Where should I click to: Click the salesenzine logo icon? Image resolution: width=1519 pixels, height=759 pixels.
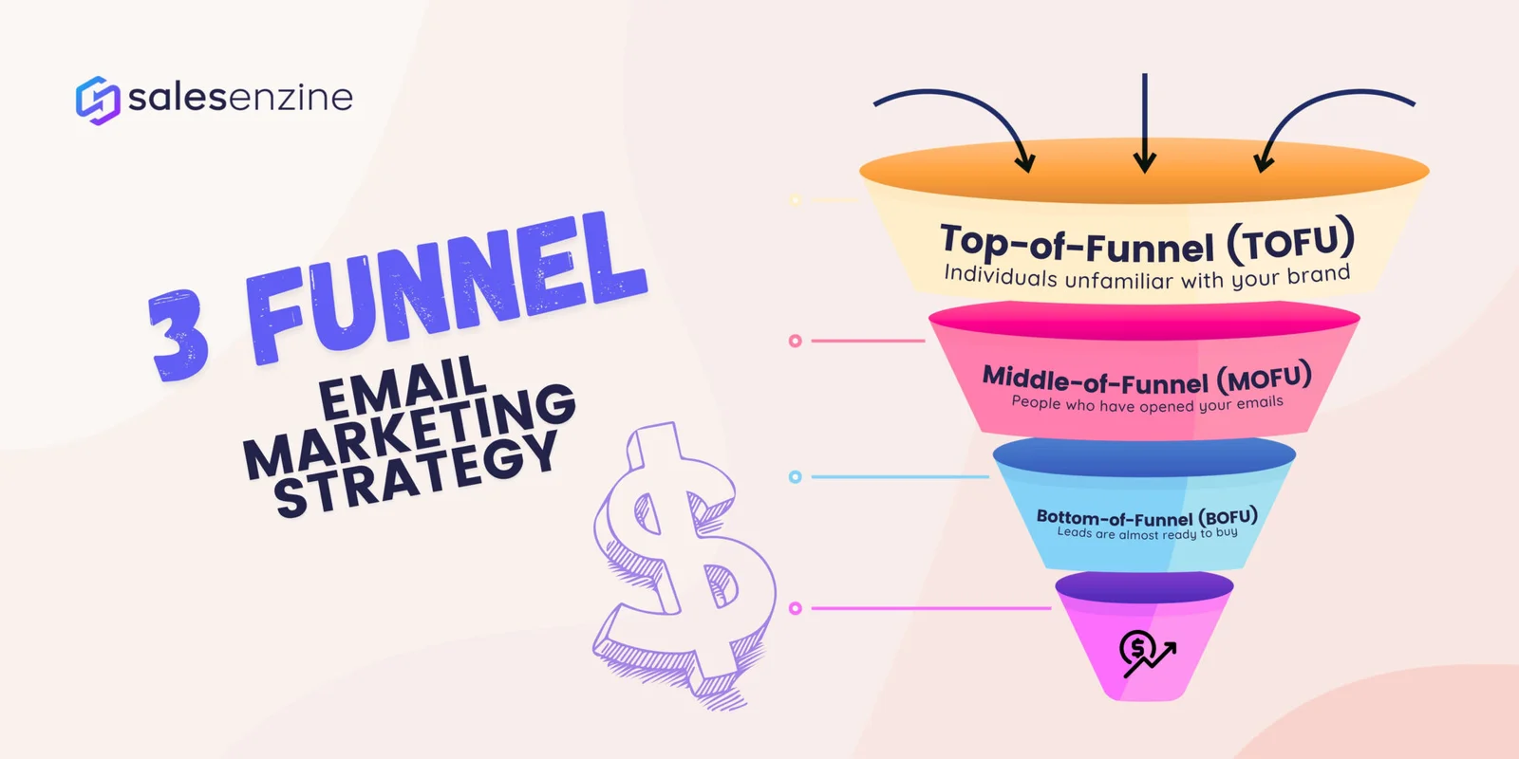97,100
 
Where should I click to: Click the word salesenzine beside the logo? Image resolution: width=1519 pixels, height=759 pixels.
240,97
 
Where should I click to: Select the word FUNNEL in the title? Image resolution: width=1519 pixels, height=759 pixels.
446,285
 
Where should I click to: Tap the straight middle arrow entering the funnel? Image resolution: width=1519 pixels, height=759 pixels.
1145,123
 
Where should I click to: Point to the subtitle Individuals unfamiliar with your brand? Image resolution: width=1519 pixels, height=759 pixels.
1147,277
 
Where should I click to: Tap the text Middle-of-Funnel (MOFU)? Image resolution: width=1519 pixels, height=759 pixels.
1147,379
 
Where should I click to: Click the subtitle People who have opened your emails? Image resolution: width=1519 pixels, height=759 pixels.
1147,404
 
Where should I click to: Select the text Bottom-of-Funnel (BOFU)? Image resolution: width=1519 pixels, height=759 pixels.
1147,517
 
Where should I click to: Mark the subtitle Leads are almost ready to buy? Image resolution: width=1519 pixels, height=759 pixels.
1147,534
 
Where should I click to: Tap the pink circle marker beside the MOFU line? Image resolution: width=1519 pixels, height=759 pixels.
796,341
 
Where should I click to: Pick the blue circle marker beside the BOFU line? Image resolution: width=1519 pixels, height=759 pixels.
796,476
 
